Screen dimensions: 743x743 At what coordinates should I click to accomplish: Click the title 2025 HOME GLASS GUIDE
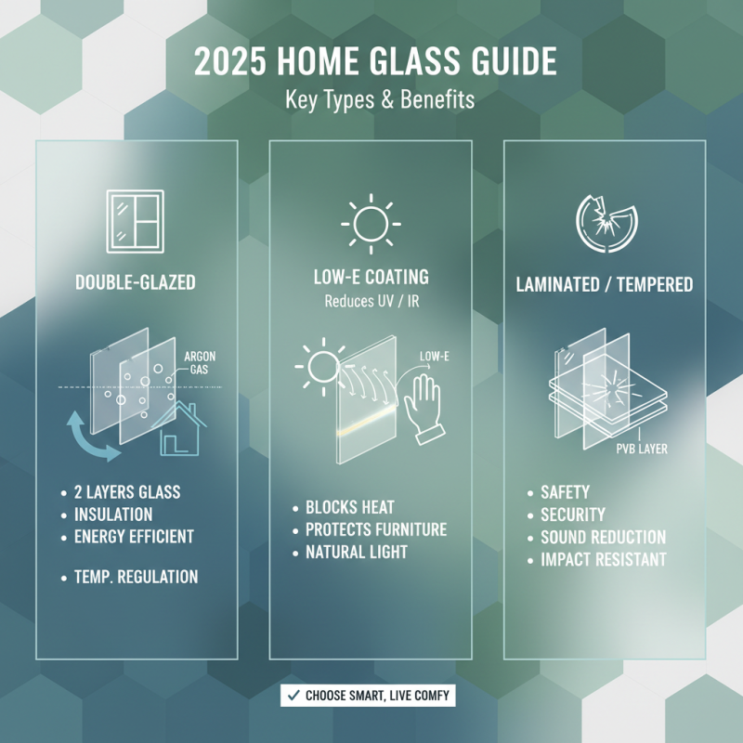coord(376,62)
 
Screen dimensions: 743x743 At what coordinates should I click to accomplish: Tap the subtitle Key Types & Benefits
coord(376,100)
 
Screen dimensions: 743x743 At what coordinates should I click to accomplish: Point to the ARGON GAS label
coord(201,363)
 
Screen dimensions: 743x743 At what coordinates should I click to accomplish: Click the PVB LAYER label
coord(642,450)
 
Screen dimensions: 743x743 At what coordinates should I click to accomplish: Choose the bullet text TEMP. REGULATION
coord(136,577)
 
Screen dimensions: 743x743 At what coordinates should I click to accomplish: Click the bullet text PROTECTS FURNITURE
coord(376,529)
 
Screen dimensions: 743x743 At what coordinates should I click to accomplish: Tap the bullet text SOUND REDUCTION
coord(603,537)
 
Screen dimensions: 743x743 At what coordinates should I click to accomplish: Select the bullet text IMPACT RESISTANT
coord(603,559)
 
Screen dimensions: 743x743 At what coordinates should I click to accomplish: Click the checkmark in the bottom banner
coord(293,695)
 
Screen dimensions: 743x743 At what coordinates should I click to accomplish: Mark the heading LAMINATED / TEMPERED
coord(605,284)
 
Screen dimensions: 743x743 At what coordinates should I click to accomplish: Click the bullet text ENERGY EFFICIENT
coord(134,536)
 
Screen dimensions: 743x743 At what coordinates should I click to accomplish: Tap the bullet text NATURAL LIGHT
coord(357,552)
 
